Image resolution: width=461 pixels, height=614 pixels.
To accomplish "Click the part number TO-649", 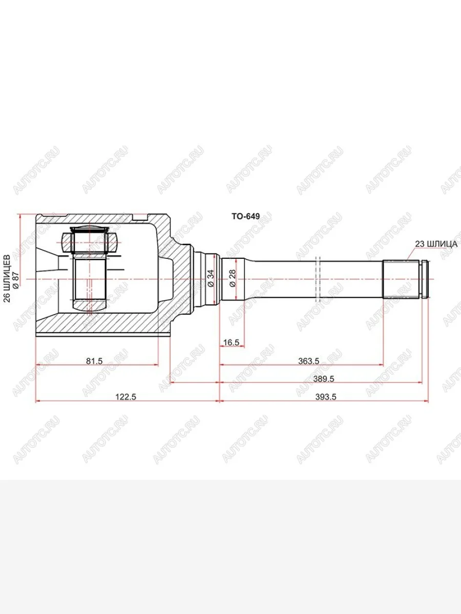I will [x=245, y=216].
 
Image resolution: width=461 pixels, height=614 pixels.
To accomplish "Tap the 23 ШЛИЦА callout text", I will [x=436, y=244].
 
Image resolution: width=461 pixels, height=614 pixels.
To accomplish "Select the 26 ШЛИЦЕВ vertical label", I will [x=7, y=279].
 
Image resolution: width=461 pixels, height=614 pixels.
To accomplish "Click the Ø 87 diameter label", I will [x=16, y=279].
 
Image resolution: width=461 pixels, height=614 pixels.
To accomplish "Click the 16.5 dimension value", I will [x=232, y=343].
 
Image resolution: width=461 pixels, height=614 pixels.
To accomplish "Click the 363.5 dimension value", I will [x=309, y=361].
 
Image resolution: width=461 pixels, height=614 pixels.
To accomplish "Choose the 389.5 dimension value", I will [x=323, y=379].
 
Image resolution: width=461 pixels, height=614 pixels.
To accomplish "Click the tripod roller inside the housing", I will [x=90, y=240].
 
